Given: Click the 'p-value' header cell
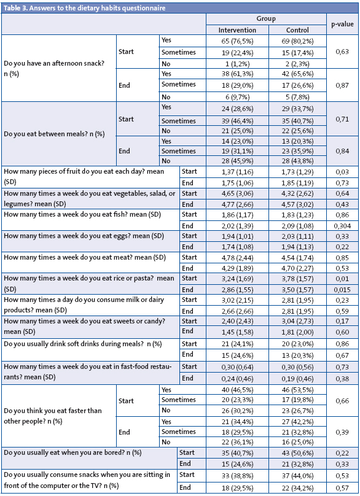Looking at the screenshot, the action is (x=342, y=25).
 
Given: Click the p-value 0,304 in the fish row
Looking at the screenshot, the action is (x=342, y=225).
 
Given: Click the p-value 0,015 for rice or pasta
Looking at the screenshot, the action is (x=342, y=289).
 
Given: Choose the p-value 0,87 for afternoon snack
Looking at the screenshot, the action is (x=342, y=85).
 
